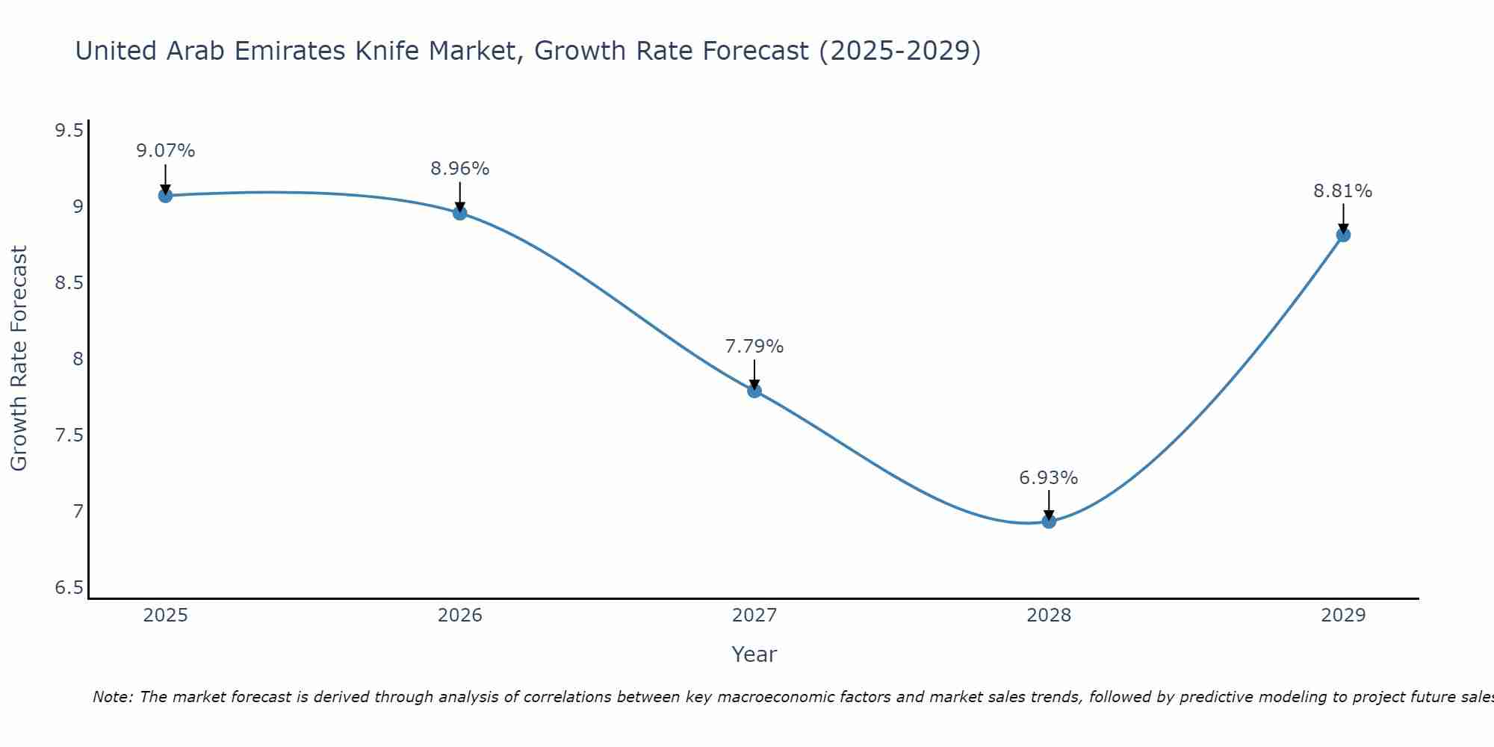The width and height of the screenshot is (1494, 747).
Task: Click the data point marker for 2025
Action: (x=165, y=196)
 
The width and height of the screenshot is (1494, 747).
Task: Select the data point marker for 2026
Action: (x=460, y=213)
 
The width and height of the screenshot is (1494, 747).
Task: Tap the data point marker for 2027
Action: (x=754, y=391)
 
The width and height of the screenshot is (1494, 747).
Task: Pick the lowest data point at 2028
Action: (x=1049, y=521)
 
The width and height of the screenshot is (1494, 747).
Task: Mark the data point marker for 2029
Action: (x=1343, y=235)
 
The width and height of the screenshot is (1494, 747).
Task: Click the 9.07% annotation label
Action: (x=165, y=151)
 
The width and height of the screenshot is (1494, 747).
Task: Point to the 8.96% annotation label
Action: (x=460, y=169)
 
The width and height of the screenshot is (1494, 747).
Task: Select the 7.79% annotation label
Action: (x=754, y=347)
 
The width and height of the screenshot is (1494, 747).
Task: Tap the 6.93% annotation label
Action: (x=1049, y=478)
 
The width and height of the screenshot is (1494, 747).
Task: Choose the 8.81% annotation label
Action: (x=1343, y=191)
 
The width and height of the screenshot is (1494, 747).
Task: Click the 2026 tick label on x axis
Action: (x=460, y=616)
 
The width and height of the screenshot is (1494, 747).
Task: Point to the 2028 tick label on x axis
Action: (x=1049, y=616)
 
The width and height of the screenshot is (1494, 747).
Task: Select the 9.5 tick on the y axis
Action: (x=69, y=131)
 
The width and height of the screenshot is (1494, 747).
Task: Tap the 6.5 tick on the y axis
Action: (x=69, y=589)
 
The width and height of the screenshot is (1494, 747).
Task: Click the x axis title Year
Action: (x=754, y=654)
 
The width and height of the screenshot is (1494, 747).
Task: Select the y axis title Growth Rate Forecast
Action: (x=19, y=359)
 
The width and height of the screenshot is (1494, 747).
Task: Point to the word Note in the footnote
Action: (x=112, y=697)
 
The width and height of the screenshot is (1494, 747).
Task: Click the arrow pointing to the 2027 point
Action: (x=754, y=373)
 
